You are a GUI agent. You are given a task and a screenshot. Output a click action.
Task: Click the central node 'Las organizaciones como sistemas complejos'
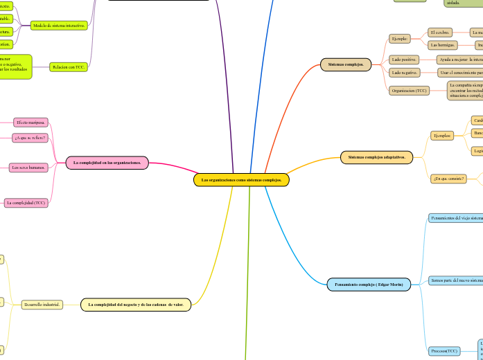[x=241, y=180]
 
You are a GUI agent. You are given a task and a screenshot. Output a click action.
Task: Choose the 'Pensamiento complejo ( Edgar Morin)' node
[x=369, y=284]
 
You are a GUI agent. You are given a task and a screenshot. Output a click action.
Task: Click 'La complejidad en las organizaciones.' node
[x=107, y=163]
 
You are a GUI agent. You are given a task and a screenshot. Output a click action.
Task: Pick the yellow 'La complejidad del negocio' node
[x=136, y=305]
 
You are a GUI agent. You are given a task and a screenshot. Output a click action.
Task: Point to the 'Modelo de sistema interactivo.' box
[x=60, y=26]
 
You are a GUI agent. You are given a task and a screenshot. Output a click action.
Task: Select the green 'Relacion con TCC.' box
[x=69, y=67]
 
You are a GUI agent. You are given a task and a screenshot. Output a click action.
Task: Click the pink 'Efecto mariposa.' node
[x=30, y=123]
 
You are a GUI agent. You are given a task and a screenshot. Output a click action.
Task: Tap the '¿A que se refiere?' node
[x=30, y=138]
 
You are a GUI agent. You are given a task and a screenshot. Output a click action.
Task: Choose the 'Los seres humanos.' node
[x=28, y=168]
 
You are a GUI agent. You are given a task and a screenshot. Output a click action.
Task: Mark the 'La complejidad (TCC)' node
[x=26, y=203]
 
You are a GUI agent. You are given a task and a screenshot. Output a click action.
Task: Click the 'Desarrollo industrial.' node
[x=42, y=305]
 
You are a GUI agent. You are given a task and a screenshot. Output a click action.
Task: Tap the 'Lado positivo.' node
[x=404, y=60]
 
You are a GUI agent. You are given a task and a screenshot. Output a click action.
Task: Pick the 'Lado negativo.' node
[x=404, y=72]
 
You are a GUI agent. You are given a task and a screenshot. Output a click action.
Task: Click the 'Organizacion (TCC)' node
[x=410, y=90]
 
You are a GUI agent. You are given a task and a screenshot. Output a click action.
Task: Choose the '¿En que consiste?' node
[x=448, y=179]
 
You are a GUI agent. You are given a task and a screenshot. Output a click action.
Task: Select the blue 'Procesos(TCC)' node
[x=443, y=351]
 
